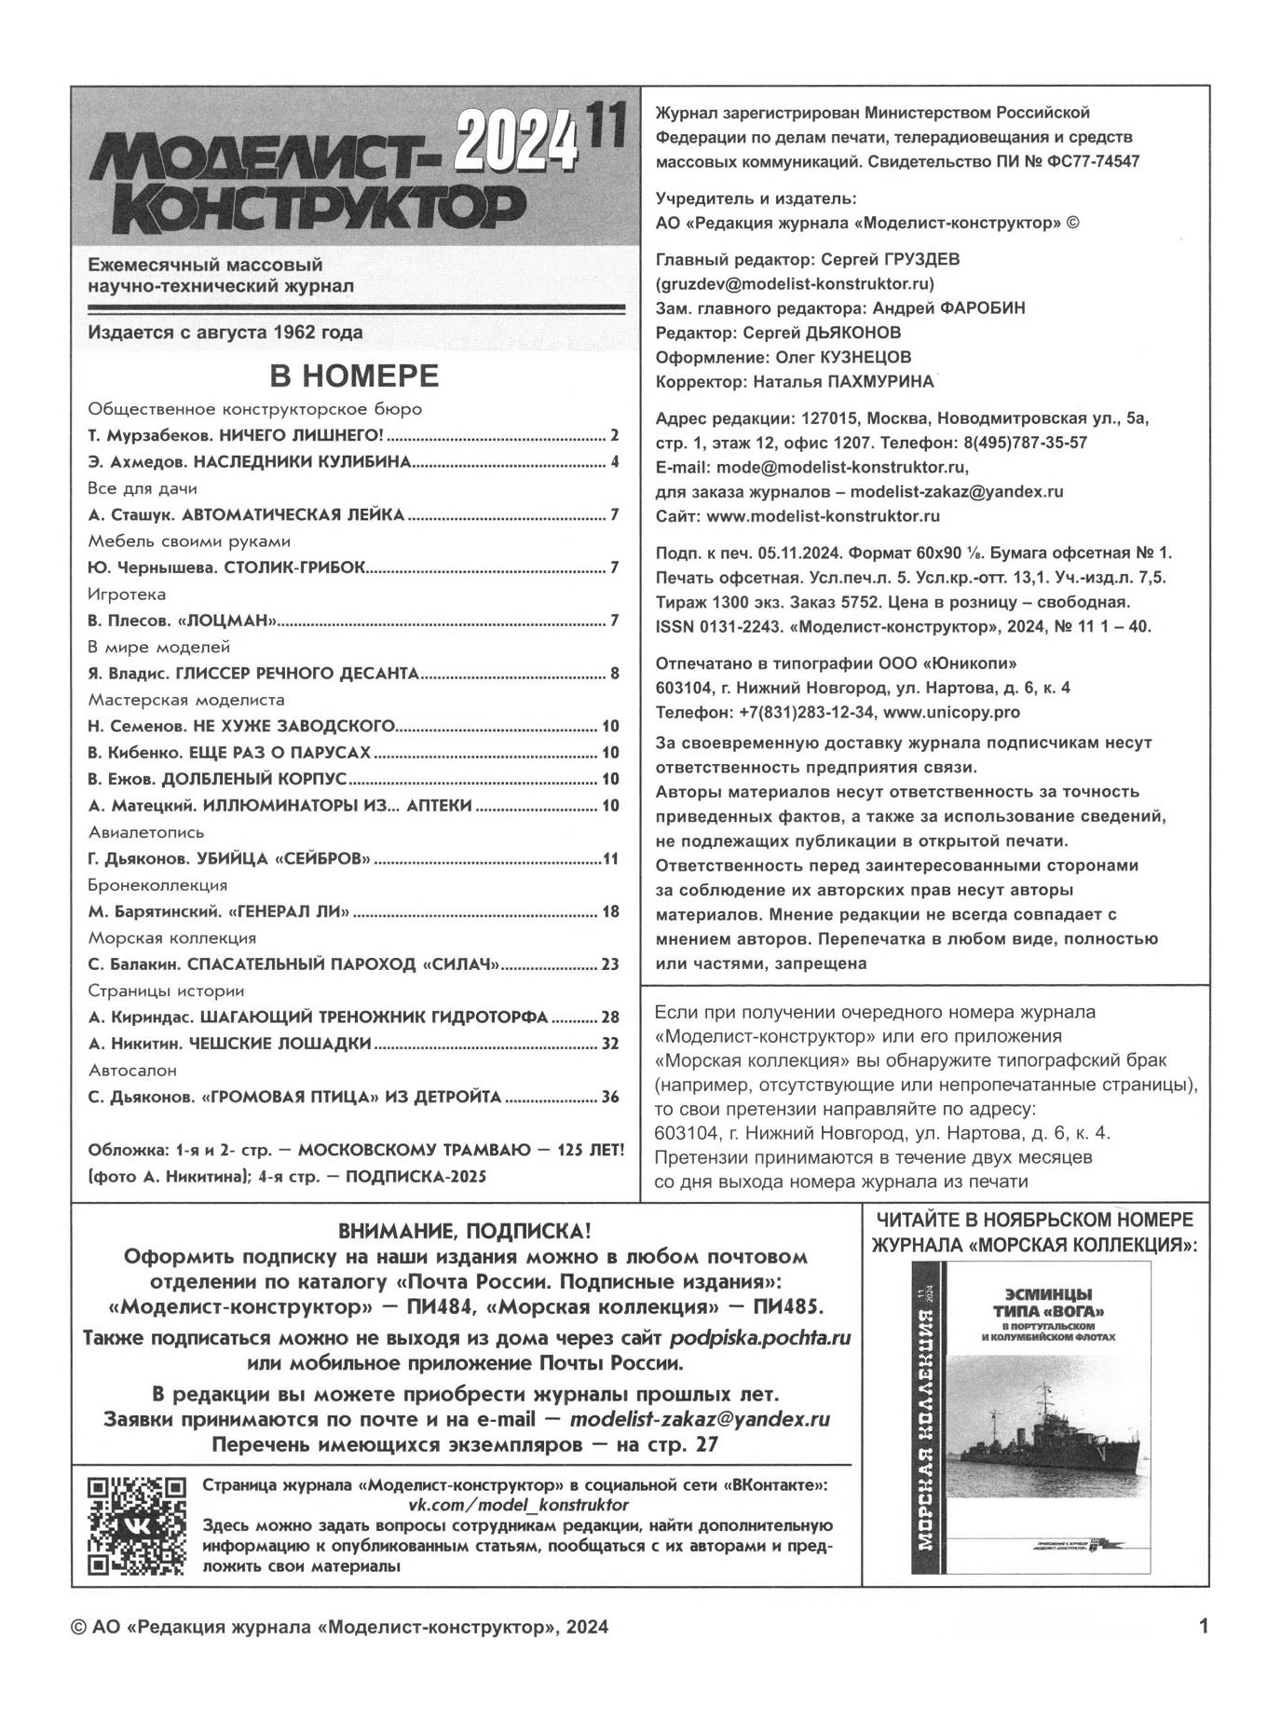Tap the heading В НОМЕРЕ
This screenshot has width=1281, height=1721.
pyautogui.click(x=354, y=376)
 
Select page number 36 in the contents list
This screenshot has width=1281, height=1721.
pyautogui.click(x=609, y=1097)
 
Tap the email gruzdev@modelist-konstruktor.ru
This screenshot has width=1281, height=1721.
pyautogui.click(x=795, y=283)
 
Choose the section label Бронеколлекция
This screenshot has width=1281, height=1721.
pyautogui.click(x=157, y=884)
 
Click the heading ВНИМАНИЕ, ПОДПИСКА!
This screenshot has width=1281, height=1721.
pyautogui.click(x=464, y=1230)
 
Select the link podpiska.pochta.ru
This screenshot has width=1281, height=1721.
pyautogui.click(x=760, y=1338)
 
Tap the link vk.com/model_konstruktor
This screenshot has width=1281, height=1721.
pyautogui.click(x=518, y=1505)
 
